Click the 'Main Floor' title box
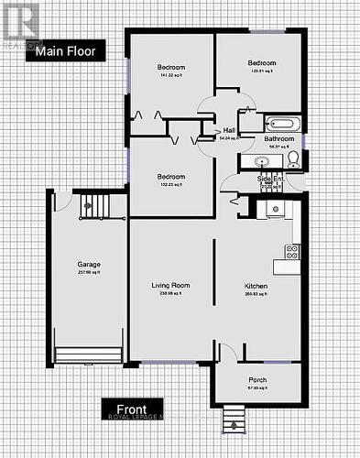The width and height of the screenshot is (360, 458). [x=66, y=51]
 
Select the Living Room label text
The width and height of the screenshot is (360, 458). [x=169, y=286]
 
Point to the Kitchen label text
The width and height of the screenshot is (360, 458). [x=256, y=286]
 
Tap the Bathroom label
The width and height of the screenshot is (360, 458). [x=278, y=138]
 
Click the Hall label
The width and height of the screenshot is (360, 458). [x=228, y=130]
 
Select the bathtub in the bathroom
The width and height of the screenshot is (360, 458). [x=278, y=123]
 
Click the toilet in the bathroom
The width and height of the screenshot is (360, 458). [x=293, y=159]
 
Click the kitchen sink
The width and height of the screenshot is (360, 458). [x=272, y=209]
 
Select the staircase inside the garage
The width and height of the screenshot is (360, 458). [x=93, y=206]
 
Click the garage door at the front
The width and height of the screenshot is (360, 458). [x=88, y=354]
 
